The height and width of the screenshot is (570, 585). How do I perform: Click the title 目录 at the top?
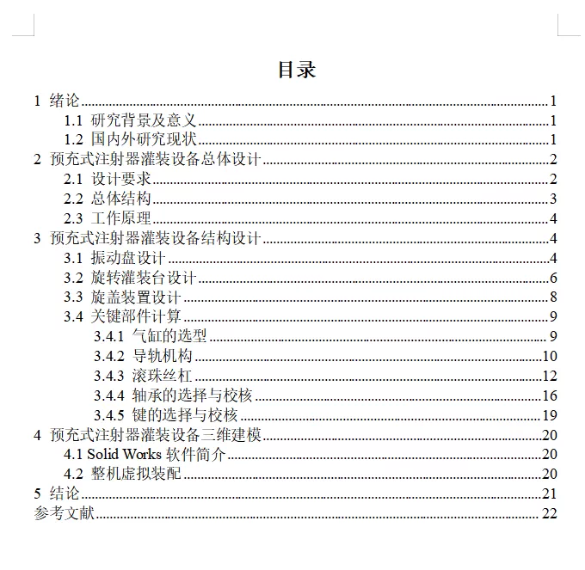[x=296, y=70]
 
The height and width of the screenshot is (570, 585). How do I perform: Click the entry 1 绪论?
[x=57, y=101]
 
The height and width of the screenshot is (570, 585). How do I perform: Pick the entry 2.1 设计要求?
[x=108, y=179]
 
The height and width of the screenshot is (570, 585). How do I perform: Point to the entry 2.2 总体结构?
[x=108, y=199]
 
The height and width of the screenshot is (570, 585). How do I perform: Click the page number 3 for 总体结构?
[x=554, y=199]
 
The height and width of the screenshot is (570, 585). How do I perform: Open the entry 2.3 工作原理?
[x=108, y=218]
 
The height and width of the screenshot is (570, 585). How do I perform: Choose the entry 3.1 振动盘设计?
[x=116, y=258]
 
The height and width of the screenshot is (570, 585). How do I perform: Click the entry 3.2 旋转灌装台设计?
[x=132, y=277]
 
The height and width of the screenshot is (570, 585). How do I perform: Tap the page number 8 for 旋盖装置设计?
[x=554, y=297]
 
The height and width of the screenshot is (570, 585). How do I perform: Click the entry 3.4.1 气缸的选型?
[x=151, y=336]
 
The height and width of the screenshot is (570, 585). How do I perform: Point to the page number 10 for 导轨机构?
[x=551, y=356]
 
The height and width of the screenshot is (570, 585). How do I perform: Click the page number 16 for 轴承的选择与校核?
[x=551, y=395]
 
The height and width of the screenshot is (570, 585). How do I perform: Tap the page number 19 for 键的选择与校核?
[x=551, y=415]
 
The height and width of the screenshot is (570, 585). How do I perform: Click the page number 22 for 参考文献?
[x=551, y=513]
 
